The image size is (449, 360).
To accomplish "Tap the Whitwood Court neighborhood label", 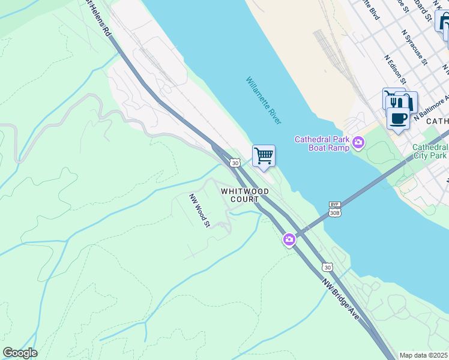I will point(244,195).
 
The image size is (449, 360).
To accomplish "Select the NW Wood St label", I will point(199,211).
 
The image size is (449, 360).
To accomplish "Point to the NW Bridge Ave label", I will point(340,298).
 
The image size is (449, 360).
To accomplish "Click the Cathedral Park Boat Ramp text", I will point(321,143).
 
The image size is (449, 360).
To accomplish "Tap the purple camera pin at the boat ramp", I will point(358,142).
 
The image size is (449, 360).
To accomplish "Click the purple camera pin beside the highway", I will point(289,240).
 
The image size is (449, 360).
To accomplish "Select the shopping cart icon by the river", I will point(264,156).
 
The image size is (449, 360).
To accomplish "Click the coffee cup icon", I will point(398,117).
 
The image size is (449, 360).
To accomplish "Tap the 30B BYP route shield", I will point(335,209).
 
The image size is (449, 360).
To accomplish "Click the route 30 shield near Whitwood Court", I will point(235,163).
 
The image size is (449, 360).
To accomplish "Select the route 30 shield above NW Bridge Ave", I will point(327,267).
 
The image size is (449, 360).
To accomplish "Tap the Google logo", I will point(20,353).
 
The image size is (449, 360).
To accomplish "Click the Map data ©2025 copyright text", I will point(424,355).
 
